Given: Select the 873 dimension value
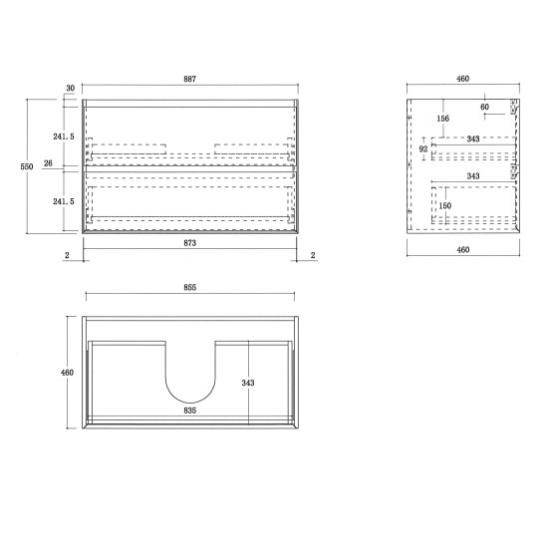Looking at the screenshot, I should tap(189, 242).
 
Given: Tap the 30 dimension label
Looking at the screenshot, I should tap(70, 89).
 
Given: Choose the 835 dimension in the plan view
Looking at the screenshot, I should tap(189, 409).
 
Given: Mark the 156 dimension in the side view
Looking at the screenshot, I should tap(441, 120).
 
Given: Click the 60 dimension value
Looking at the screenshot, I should tap(485, 107).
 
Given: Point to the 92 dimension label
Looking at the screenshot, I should tap(422, 149).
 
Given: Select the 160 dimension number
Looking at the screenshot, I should tap(445, 206).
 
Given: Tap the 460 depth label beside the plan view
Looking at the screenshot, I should tap(67, 372).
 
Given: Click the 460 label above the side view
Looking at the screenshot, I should tap(463, 79).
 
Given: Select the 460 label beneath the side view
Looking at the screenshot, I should tap(463, 250).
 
